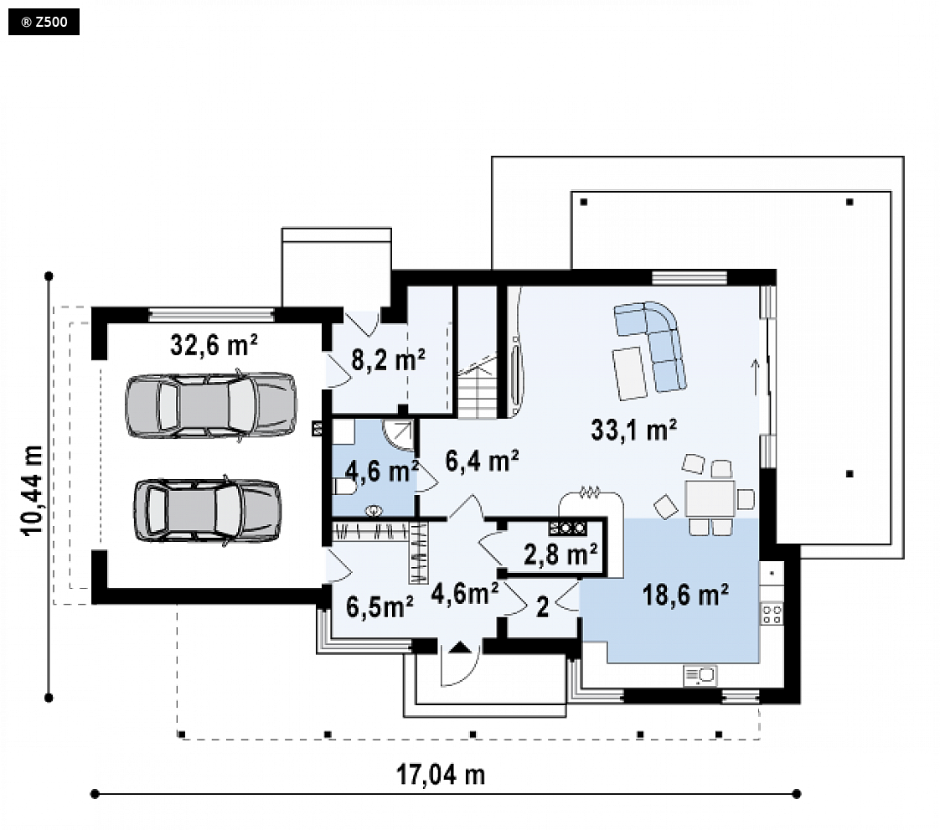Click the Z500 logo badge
click(44, 22)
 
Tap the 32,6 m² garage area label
click(214, 344)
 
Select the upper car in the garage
click(210, 405)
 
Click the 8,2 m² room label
click(389, 359)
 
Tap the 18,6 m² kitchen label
click(685, 595)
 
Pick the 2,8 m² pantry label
click(560, 554)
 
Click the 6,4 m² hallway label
click(482, 461)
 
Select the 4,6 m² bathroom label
click(381, 471)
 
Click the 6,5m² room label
click(380, 606)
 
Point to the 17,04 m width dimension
click(441, 774)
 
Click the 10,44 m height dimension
click(33, 490)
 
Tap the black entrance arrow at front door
click(460, 647)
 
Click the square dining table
click(710, 498)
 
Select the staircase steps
click(478, 386)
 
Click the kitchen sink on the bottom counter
click(700, 676)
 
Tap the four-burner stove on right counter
click(772, 614)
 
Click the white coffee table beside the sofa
click(630, 374)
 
